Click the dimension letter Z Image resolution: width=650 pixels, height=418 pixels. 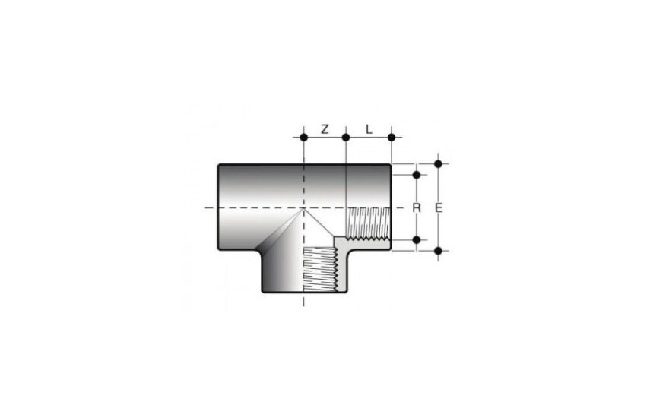click(325, 129)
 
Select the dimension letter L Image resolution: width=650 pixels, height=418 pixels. click(369, 129)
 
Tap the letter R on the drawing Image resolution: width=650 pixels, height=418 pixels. click(417, 207)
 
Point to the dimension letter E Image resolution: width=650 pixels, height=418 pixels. click(439, 207)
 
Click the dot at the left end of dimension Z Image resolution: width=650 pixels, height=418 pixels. click(304, 137)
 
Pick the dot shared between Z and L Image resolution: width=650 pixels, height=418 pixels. click(346, 137)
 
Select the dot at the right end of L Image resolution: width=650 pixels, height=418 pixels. click(392, 137)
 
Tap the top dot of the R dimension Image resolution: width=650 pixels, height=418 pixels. click(417, 175)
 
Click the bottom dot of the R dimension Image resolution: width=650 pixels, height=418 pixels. click(417, 240)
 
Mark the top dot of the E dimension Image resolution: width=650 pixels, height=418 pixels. click(438, 164)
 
